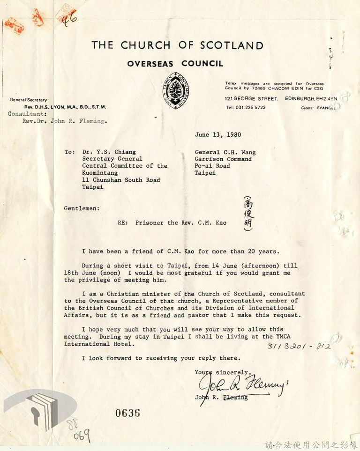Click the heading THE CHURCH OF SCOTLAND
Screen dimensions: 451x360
pyautogui.click(x=177, y=45)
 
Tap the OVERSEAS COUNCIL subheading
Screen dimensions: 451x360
pyautogui.click(x=175, y=64)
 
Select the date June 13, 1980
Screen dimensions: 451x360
pyautogui.click(x=218, y=135)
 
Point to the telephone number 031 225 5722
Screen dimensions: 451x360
pyautogui.click(x=245, y=107)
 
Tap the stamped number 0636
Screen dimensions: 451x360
pyautogui.click(x=127, y=413)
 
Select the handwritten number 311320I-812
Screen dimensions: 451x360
pyautogui.click(x=299, y=347)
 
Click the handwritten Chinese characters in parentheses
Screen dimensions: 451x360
pyautogui.click(x=247, y=214)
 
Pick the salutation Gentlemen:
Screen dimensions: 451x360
pyautogui.click(x=82, y=208)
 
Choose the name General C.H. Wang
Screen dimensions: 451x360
pyautogui.click(x=225, y=152)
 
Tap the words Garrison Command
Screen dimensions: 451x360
pyautogui.click(x=223, y=159)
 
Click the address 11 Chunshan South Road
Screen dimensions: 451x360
pyautogui.click(x=121, y=180)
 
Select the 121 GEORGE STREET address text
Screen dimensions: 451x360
pyautogui.click(x=251, y=99)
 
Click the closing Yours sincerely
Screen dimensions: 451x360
pyautogui.click(x=217, y=372)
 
